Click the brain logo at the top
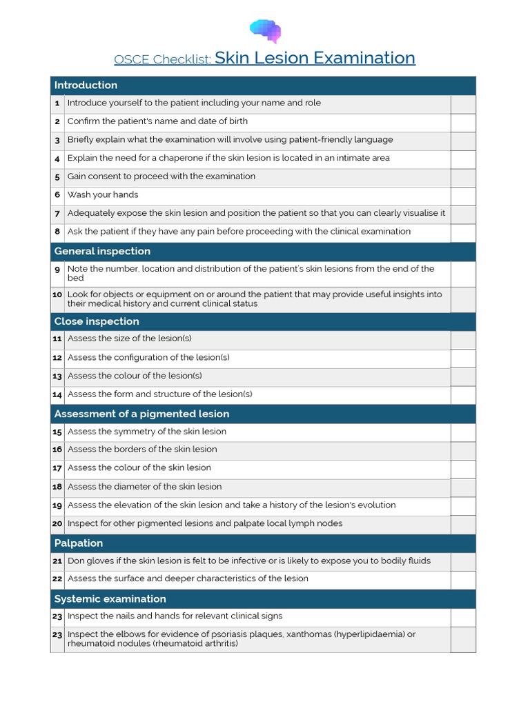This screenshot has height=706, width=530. [266, 30]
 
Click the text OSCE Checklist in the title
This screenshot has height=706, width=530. [162, 59]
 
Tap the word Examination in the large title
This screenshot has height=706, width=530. [364, 58]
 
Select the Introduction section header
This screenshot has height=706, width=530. [86, 85]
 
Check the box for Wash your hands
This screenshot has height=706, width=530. [463, 195]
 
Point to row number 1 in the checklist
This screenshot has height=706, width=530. [57, 103]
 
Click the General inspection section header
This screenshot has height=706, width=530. [102, 251]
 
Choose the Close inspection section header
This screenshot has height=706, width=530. [97, 321]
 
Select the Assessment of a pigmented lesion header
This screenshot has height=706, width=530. [141, 414]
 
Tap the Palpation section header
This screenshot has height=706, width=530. [79, 543]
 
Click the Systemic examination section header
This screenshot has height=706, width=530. [110, 598]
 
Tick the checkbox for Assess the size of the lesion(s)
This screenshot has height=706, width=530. [463, 339]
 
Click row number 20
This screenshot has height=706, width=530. [57, 524]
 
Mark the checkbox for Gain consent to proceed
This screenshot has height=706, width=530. [463, 176]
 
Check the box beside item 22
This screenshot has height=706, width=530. [463, 579]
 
